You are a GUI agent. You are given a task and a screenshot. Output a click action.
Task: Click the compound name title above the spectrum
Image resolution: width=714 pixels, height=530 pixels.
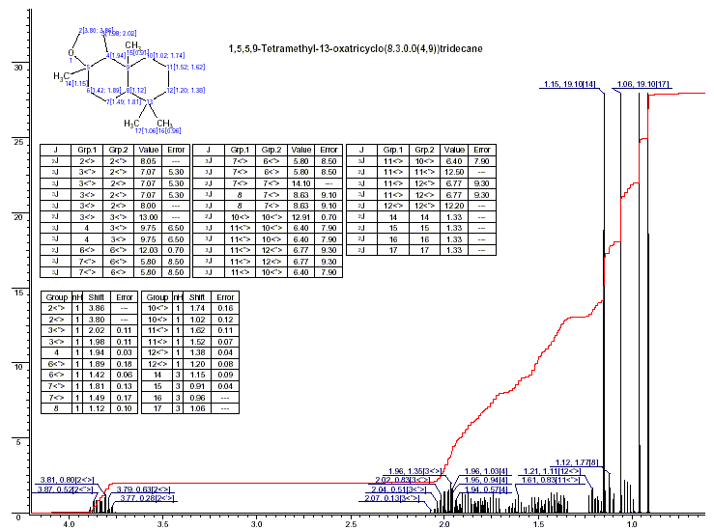(356, 47)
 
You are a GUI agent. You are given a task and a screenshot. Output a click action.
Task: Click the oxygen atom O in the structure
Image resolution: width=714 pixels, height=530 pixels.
(71, 52)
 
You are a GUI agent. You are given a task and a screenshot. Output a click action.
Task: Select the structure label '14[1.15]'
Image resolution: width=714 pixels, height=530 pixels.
(77, 84)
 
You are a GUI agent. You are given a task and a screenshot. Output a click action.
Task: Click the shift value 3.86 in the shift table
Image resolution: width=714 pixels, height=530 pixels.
(96, 309)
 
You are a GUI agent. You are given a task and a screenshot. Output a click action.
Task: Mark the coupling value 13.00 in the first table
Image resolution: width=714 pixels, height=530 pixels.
(148, 216)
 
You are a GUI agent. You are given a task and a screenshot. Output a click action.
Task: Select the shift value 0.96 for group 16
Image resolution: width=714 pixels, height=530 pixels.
(197, 397)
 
